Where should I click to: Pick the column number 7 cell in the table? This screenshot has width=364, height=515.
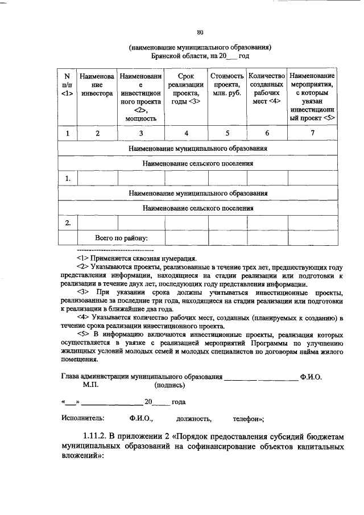312,133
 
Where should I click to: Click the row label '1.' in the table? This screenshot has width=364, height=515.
68,179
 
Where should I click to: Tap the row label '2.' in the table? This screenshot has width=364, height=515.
68,223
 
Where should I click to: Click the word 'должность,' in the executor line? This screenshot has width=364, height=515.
194,418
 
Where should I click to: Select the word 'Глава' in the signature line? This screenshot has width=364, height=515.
72,377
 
